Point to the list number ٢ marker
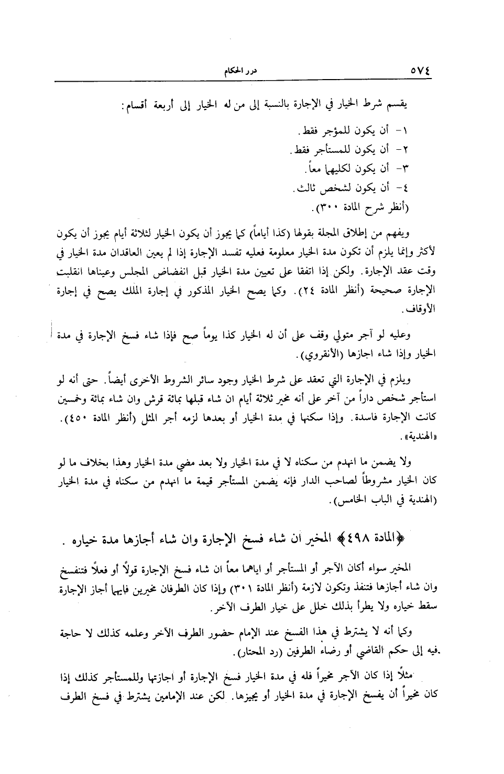[x=409, y=150]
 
